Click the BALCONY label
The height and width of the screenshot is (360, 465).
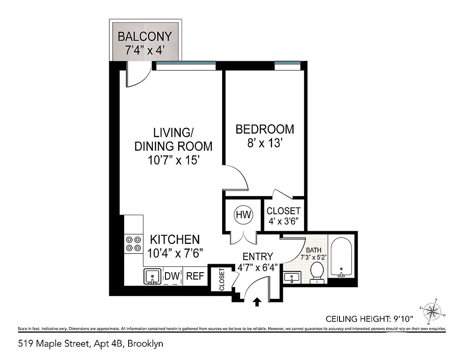click(x=145, y=36)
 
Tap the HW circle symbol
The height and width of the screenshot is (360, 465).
click(x=243, y=214)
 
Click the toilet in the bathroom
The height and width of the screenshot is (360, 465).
click(x=317, y=272)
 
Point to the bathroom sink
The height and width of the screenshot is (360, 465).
click(x=293, y=277)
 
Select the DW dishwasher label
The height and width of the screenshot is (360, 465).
click(x=172, y=276)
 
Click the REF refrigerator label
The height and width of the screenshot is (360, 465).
click(x=195, y=276)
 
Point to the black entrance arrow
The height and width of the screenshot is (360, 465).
click(x=257, y=302)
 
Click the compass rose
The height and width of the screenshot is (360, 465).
click(x=434, y=311)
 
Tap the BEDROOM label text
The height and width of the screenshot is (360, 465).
click(x=265, y=130)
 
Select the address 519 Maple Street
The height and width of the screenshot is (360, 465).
click(x=90, y=344)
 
